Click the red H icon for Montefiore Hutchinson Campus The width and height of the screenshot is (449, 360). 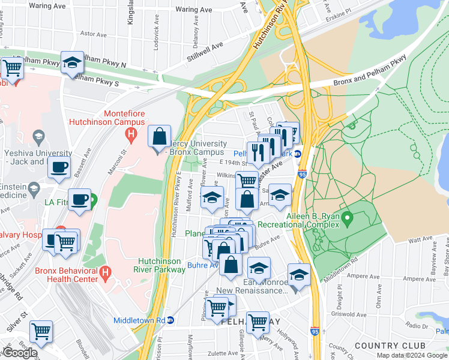coord(131,138)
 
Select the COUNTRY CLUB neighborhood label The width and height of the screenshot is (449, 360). coord(390,346)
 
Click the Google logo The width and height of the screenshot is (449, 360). coord(20,353)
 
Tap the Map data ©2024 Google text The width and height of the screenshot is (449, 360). coord(411,355)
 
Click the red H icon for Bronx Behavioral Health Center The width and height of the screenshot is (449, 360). coord(106,274)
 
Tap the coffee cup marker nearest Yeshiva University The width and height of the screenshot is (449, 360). coord(59,167)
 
